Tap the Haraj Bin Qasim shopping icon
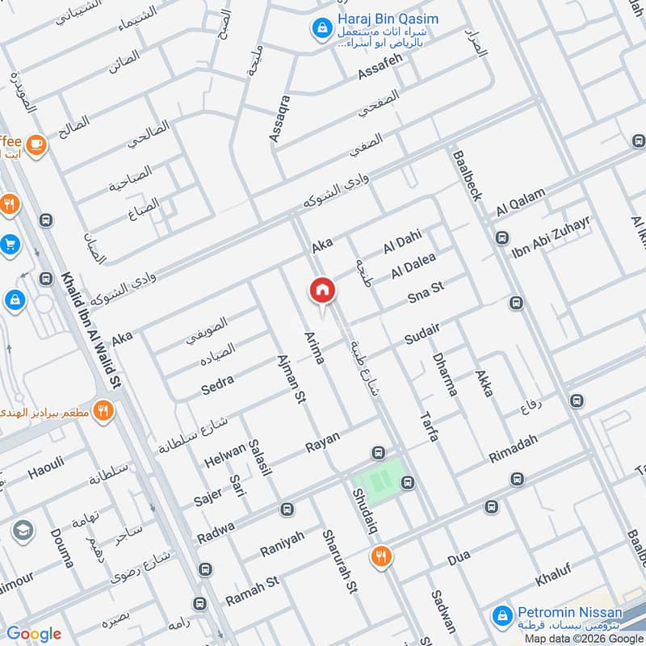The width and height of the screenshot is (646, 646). pos(322,28)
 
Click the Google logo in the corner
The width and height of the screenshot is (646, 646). pos(33,634)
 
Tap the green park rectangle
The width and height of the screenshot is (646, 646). pos(381,476)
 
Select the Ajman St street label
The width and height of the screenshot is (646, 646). pos(291,380)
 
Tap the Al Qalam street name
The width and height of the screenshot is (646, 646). pos(521,201)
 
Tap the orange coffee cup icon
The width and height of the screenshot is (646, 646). pos(35,144)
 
